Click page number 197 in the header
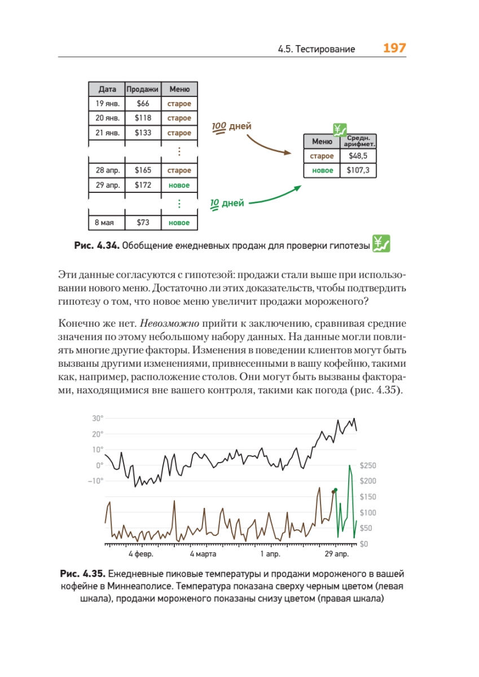pyautogui.click(x=394, y=48)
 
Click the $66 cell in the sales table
pyautogui.click(x=143, y=104)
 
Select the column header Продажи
pyautogui.click(x=143, y=89)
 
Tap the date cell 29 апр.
pyautogui.click(x=107, y=185)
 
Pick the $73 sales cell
pyautogui.click(x=143, y=223)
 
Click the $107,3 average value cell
pyautogui.click(x=358, y=170)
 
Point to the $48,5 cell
pyautogui.click(x=358, y=156)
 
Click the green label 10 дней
pyautogui.click(x=227, y=203)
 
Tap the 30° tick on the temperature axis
pyautogui.click(x=97, y=419)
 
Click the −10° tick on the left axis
pyautogui.click(x=95, y=481)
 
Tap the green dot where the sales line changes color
pyautogui.click(x=336, y=490)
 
